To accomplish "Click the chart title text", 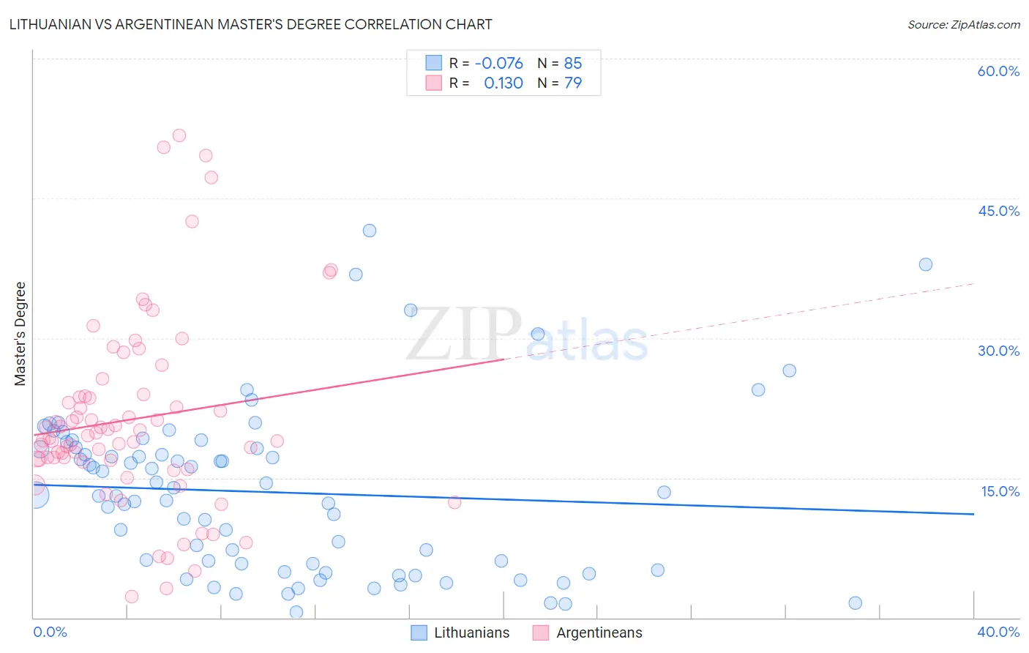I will [x=250, y=24].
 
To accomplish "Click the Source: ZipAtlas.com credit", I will [x=963, y=24].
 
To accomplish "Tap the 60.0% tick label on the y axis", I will [x=998, y=71].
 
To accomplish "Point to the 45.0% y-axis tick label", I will [x=998, y=211].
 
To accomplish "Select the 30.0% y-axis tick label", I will [x=998, y=351].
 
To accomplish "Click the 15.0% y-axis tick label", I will [x=1000, y=491].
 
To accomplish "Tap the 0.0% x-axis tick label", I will [x=50, y=632].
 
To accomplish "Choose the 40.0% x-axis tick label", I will [x=998, y=632].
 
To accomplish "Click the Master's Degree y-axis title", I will [x=20, y=334].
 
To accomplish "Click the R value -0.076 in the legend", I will [x=498, y=64].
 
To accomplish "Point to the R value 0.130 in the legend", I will [x=504, y=83].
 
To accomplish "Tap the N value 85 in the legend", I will [x=573, y=64].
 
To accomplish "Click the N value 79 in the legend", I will [x=573, y=83].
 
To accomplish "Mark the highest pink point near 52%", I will [x=179, y=135].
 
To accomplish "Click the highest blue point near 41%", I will [x=370, y=231].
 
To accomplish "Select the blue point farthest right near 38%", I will [x=926, y=264].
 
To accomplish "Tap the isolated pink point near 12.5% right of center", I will [x=454, y=502].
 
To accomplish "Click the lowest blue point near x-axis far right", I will [x=855, y=603].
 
